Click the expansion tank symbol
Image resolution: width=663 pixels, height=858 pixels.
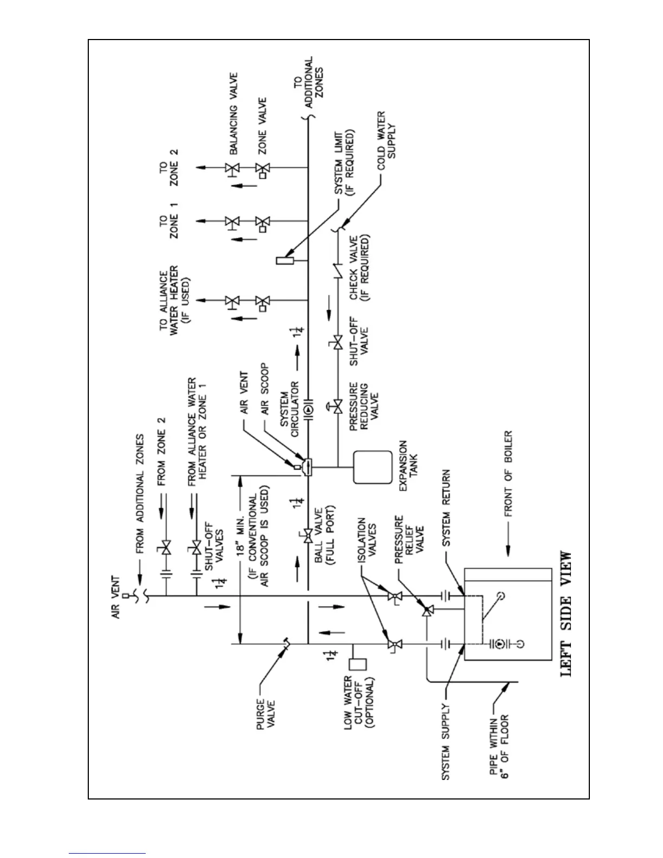tap(372, 466)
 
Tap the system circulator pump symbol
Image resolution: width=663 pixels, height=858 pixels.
tap(307, 410)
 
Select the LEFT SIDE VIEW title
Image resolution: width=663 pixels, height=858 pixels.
tap(565, 614)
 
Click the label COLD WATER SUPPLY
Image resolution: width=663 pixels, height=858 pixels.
tap(388, 135)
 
